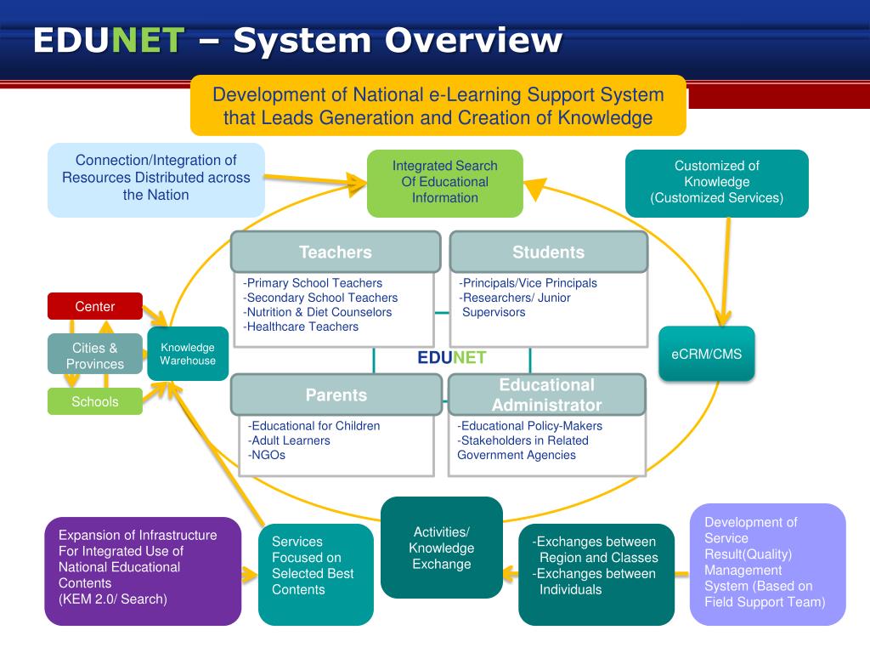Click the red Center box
pyautogui.click(x=95, y=306)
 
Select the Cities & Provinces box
pyautogui.click(x=95, y=355)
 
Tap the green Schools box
pyautogui.click(x=95, y=401)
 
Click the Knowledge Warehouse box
pyautogui.click(x=188, y=354)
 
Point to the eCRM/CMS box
pyautogui.click(x=707, y=354)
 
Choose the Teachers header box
pyautogui.click(x=335, y=252)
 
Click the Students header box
pyautogui.click(x=548, y=252)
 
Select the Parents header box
pyautogui.click(x=336, y=395)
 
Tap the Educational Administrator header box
pyautogui.click(x=546, y=395)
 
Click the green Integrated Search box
pyautogui.click(x=445, y=182)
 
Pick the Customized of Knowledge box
pyautogui.click(x=717, y=182)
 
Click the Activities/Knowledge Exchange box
pyautogui.click(x=442, y=548)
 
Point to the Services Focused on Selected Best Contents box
pyautogui.click(x=316, y=573)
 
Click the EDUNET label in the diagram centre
pyautogui.click(x=451, y=358)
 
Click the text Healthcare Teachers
pyautogui.click(x=301, y=326)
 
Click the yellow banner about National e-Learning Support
pyautogui.click(x=438, y=105)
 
